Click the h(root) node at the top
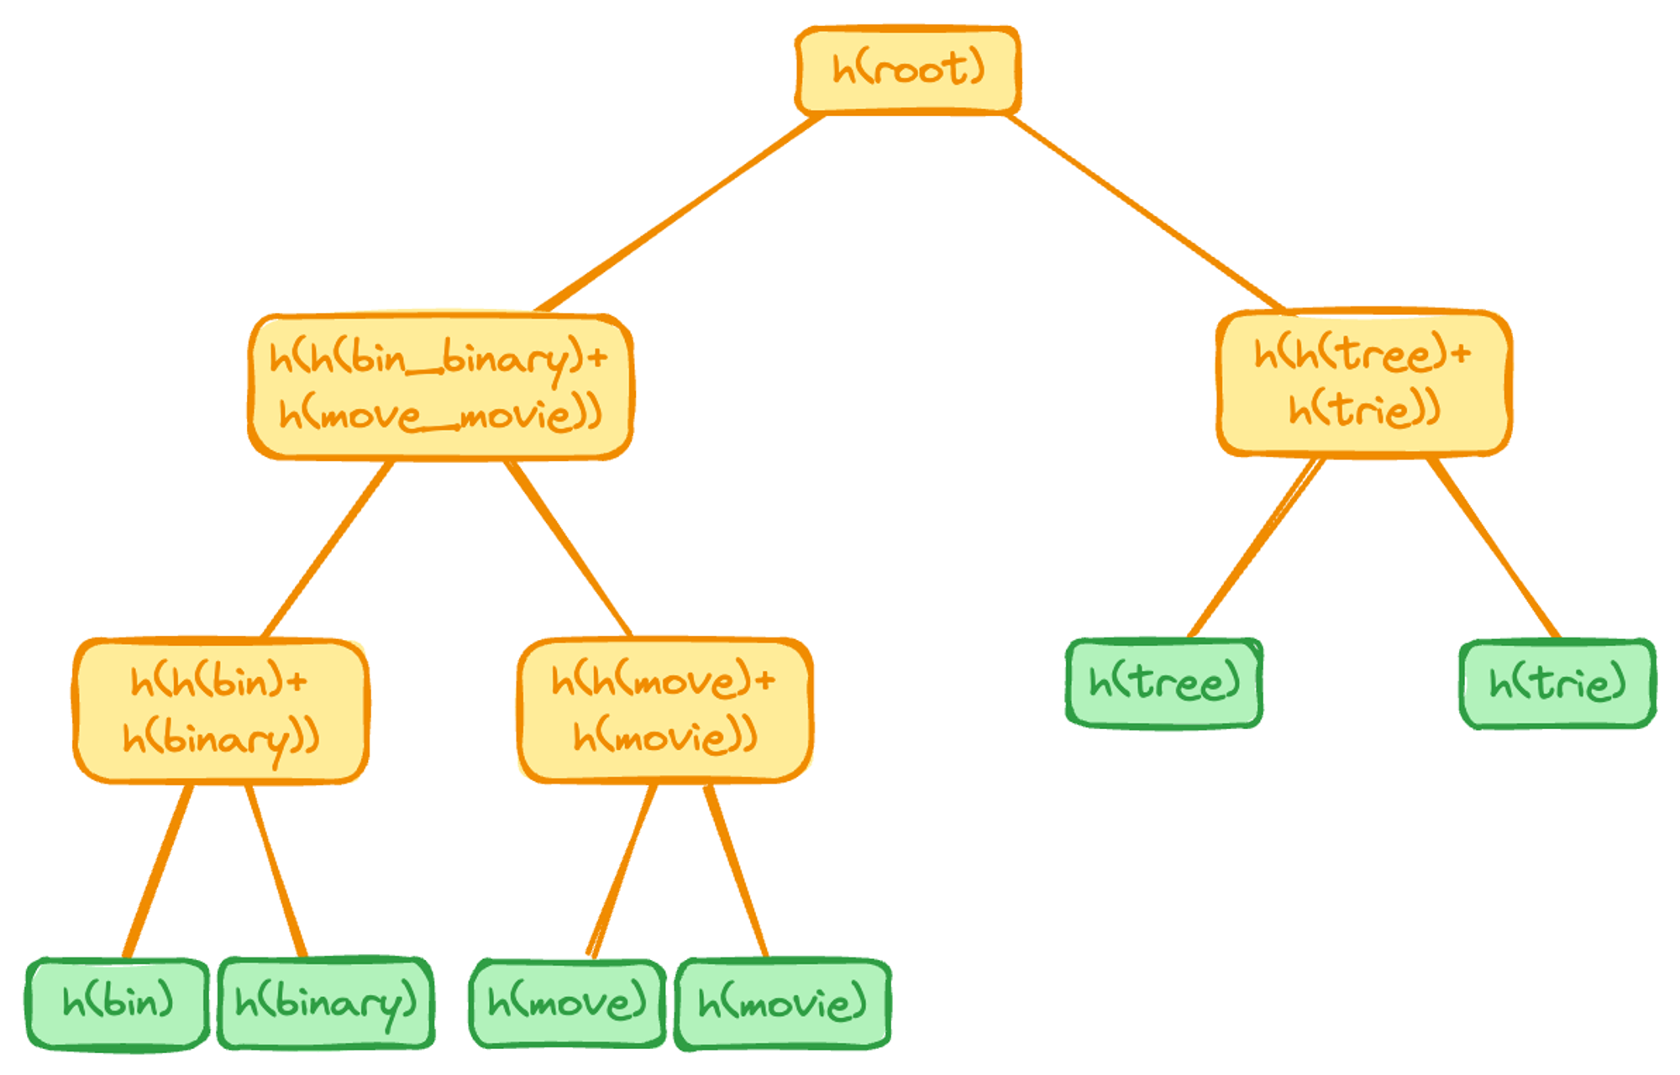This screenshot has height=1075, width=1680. point(908,70)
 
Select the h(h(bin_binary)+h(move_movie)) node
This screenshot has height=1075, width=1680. point(440,386)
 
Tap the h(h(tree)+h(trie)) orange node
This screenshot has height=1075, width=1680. point(1364,383)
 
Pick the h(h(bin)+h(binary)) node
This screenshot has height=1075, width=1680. point(221,711)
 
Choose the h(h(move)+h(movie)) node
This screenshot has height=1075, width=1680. point(665,711)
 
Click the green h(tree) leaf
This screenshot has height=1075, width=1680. point(1164,683)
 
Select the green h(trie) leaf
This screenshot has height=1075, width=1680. point(1558,684)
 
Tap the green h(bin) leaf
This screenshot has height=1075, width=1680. point(118,1004)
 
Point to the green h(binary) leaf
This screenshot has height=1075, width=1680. point(326,1004)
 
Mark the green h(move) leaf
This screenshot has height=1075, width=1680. point(568,1004)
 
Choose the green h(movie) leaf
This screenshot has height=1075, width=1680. point(783,1004)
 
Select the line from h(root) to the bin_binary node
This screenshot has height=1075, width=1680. point(680,212)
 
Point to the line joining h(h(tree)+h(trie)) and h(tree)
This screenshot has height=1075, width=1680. point(1257,548)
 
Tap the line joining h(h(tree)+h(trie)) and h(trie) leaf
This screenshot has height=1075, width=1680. point(1494,548)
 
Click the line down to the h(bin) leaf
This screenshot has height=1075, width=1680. point(158,871)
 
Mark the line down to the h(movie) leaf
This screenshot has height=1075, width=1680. point(736,871)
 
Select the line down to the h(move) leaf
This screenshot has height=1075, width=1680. point(622,871)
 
